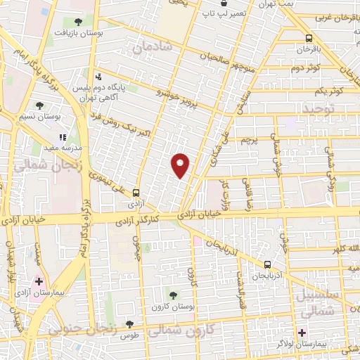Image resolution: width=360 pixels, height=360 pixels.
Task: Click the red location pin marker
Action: coord(181,165)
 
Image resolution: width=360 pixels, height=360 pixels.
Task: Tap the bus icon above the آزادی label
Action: coord(136,191)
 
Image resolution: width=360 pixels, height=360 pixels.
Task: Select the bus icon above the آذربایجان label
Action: coord(267,265)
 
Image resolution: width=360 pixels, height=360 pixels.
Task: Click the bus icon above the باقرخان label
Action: coord(309,39)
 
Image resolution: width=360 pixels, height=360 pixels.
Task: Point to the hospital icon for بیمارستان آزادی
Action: coord(39,281)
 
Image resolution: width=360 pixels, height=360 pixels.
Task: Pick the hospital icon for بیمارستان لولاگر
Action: coord(302,333)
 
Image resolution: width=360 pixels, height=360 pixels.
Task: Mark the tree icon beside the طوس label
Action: coord(129,324)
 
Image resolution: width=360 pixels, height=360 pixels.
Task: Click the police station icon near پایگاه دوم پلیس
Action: coord(99,76)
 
